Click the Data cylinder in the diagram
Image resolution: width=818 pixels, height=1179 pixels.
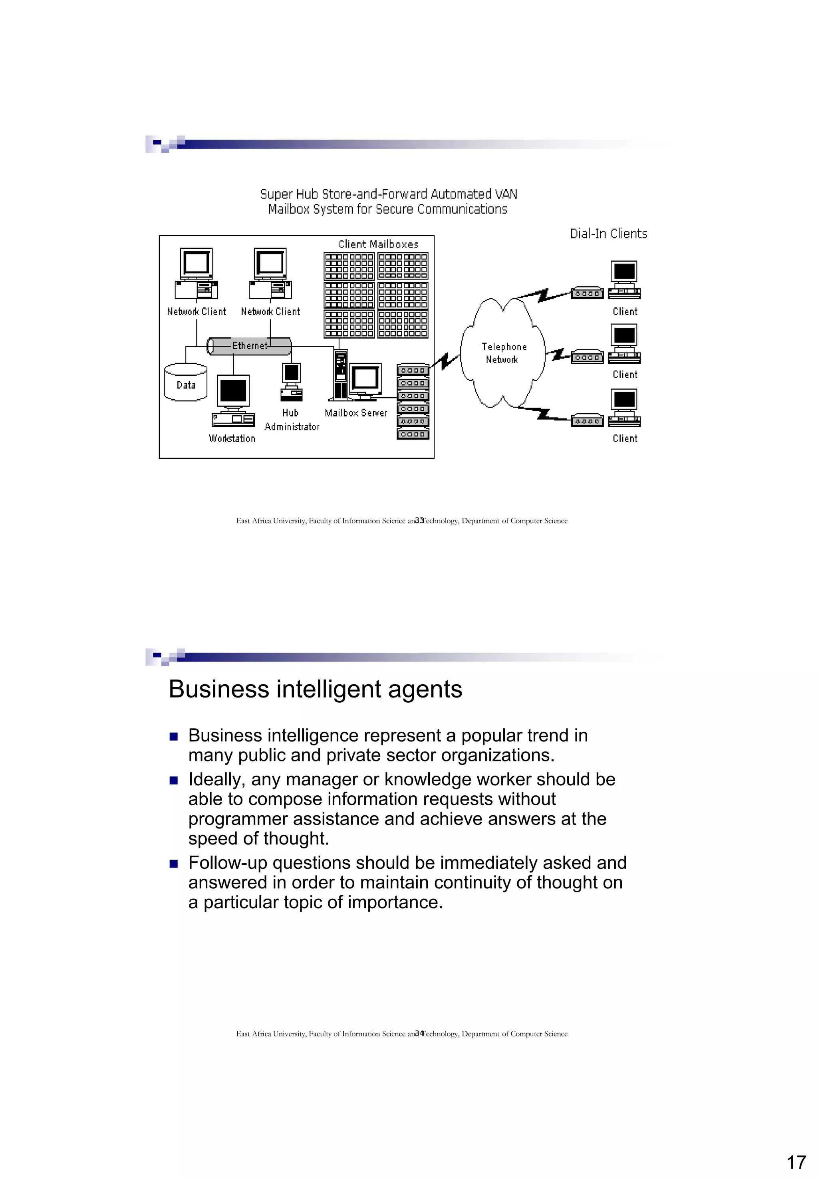[186, 382]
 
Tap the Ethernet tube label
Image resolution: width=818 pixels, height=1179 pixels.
[250, 346]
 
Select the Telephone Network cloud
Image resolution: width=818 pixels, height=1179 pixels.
[503, 353]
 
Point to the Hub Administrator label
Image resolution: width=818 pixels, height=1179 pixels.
[292, 420]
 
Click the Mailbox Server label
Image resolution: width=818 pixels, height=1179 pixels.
[356, 413]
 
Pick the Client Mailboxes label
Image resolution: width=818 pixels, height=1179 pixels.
[378, 244]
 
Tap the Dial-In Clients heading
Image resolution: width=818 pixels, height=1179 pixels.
[608, 234]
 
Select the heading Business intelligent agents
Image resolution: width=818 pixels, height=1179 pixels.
[315, 689]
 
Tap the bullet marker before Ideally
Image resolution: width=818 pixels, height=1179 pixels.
[174, 781]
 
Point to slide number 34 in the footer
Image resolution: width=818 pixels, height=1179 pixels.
[419, 1034]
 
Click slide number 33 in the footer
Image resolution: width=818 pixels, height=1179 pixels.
[419, 521]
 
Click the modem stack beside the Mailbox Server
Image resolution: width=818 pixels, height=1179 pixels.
[413, 402]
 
